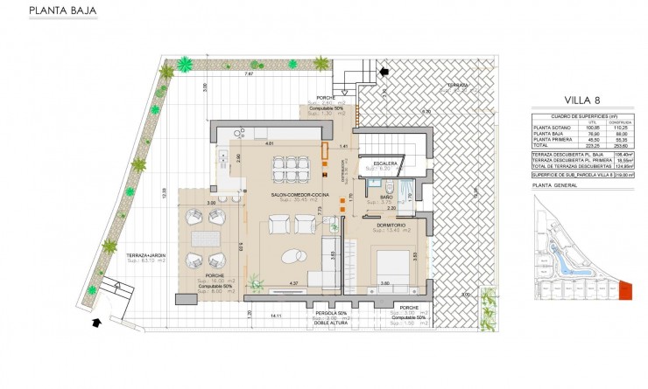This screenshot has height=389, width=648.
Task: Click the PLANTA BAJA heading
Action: tap(63, 12)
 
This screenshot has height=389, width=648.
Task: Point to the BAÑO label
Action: tap(386, 198)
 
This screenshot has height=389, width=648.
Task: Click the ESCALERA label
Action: tap(386, 163)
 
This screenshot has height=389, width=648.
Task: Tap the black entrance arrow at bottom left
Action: tap(95, 323)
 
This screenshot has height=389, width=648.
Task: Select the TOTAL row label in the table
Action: tap(543, 146)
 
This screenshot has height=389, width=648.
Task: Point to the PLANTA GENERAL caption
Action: tap(553, 186)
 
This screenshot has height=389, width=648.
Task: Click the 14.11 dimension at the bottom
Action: tap(276, 315)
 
